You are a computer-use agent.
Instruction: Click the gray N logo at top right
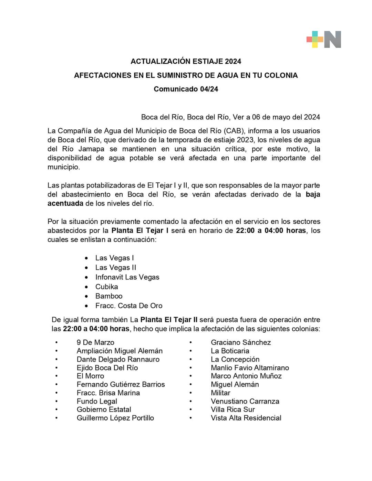point(332,40)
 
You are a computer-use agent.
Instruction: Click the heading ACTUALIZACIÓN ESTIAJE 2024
point(186,62)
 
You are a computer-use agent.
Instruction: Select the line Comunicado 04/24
point(186,89)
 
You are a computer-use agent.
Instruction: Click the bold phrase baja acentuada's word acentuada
point(65,203)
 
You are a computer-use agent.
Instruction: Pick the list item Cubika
point(106,287)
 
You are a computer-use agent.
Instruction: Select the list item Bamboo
point(109,296)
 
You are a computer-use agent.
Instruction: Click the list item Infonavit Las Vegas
point(127,277)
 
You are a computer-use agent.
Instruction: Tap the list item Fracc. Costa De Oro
point(129,306)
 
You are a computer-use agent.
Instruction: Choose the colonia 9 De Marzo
point(95,342)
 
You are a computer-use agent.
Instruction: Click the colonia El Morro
point(90,376)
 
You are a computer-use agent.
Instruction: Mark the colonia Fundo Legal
point(97,401)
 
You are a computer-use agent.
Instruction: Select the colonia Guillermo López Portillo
point(115,418)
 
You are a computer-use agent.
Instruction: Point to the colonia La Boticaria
point(230,351)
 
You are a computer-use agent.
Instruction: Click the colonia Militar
point(220,393)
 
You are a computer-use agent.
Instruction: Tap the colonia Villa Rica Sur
point(233,409)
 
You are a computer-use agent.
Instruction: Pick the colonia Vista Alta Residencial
point(246,418)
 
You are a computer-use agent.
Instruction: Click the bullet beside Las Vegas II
point(86,268)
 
